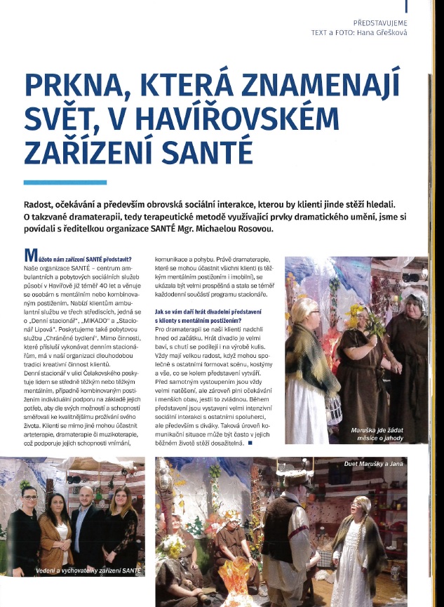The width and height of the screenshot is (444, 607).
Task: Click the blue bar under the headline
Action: point(65,182)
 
